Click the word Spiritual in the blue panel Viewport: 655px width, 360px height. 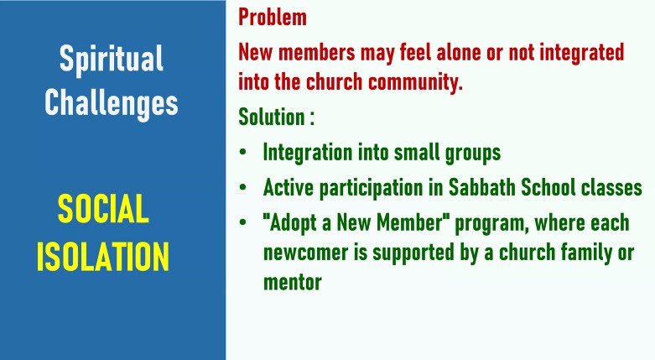click(x=111, y=59)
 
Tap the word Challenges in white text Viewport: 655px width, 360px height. click(x=111, y=103)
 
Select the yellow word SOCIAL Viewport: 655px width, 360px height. click(x=103, y=209)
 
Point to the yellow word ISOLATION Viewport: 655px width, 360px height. click(x=103, y=256)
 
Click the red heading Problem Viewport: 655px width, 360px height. click(x=273, y=17)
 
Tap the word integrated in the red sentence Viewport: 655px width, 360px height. click(x=581, y=54)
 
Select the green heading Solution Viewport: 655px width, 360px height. click(x=271, y=117)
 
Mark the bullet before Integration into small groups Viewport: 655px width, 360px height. click(x=242, y=152)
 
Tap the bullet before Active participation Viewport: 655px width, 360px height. click(x=242, y=187)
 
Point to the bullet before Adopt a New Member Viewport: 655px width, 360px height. click(x=242, y=222)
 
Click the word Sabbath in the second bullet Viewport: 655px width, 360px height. click(x=481, y=187)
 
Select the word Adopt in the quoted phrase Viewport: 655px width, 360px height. click(x=293, y=223)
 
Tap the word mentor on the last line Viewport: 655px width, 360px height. click(x=293, y=282)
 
